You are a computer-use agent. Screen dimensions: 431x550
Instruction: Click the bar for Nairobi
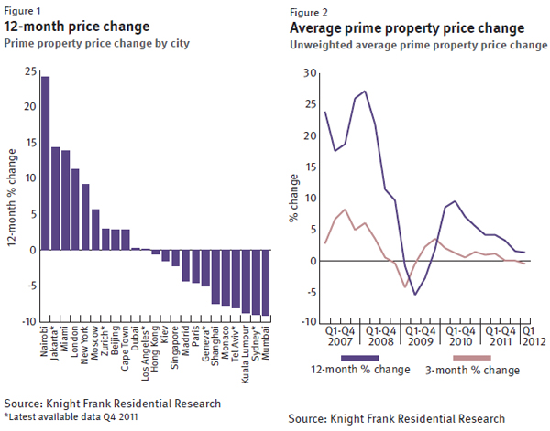pyautogui.click(x=46, y=163)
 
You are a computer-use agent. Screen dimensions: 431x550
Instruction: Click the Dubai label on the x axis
pyautogui.click(x=137, y=338)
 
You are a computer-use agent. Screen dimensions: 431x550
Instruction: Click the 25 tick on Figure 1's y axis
pyautogui.click(x=30, y=70)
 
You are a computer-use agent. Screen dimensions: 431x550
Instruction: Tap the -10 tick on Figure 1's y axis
pyautogui.click(x=28, y=321)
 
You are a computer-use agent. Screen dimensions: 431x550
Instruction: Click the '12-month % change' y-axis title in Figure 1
pyautogui.click(x=9, y=194)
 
